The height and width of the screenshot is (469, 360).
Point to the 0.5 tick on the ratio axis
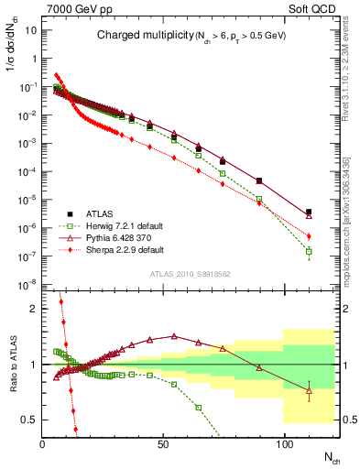click(x=30, y=420)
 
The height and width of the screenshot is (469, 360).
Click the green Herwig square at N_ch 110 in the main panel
click(x=309, y=251)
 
